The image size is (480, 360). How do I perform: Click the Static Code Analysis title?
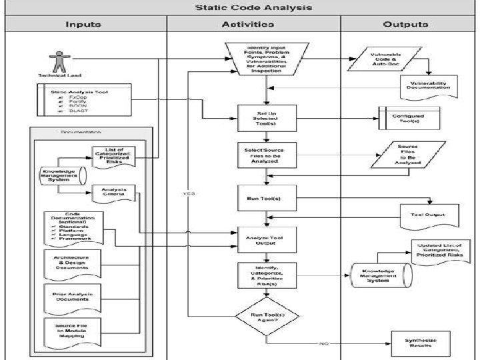(243, 8)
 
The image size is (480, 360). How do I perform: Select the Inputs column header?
(83, 25)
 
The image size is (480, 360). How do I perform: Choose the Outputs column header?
(405, 25)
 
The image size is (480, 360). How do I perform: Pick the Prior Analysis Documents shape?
(70, 299)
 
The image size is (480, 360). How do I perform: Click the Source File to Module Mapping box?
(70, 333)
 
